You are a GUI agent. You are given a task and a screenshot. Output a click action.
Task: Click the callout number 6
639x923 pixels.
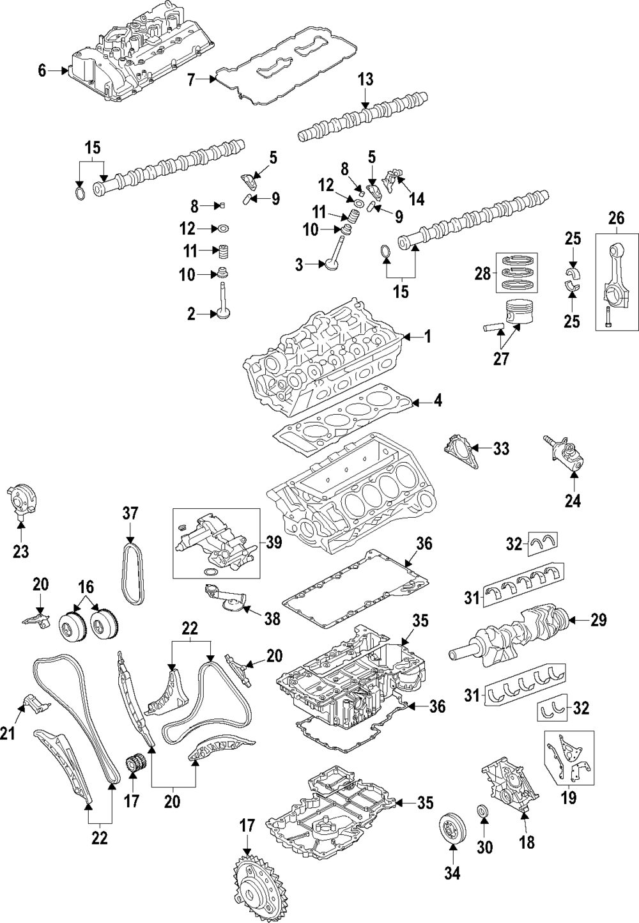tap(42, 70)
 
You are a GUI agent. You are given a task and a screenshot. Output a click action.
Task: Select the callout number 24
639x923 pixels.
tap(573, 502)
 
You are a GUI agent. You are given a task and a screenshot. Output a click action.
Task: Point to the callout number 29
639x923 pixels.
tap(599, 619)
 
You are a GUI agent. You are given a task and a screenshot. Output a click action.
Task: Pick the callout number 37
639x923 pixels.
tap(130, 513)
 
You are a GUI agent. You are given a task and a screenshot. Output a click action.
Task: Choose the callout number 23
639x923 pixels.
tap(21, 550)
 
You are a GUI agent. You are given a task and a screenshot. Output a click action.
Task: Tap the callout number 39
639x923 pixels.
tap(274, 542)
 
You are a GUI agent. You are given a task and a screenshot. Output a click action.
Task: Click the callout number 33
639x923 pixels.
tap(501, 449)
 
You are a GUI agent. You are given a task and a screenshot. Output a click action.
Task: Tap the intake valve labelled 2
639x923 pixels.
tap(223, 300)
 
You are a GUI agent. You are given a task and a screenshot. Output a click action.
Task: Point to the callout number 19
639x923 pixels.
tap(568, 798)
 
